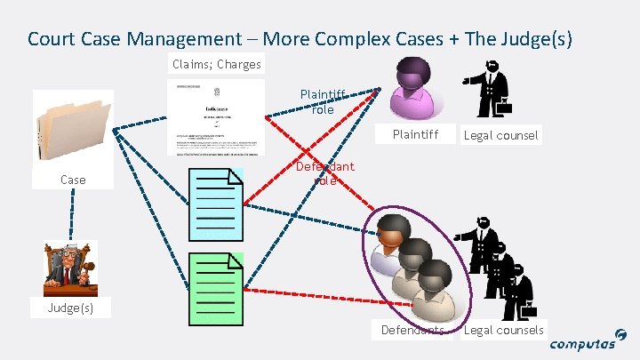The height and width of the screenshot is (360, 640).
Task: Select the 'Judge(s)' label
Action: [72, 308]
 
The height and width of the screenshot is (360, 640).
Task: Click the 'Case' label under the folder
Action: [73, 180]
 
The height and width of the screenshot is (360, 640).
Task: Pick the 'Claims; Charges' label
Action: [217, 64]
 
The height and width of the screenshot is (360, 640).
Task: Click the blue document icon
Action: [217, 203]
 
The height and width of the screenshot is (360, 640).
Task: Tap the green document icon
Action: [217, 287]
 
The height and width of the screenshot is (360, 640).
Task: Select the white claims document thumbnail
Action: [216, 117]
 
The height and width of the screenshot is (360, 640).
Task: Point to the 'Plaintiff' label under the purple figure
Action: [416, 135]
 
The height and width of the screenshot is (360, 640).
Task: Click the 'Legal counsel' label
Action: [500, 135]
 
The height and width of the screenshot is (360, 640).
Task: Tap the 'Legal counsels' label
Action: [503, 330]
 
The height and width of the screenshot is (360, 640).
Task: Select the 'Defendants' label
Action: [412, 330]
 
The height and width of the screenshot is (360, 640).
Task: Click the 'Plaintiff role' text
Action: [322, 101]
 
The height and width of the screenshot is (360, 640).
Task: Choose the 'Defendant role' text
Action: [324, 172]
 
